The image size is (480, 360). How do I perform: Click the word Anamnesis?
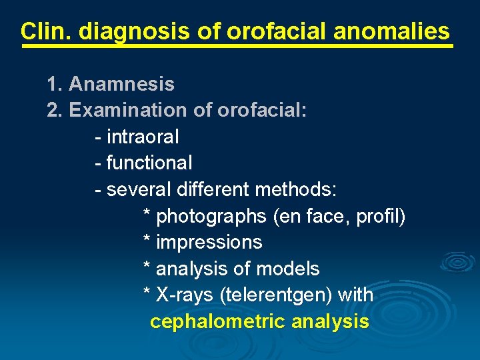click(121, 84)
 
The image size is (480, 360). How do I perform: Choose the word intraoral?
click(143, 137)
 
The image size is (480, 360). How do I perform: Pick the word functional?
click(149, 163)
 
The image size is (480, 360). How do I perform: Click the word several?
click(139, 189)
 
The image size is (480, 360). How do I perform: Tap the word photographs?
click(211, 216)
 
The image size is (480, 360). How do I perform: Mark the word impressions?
click(209, 242)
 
